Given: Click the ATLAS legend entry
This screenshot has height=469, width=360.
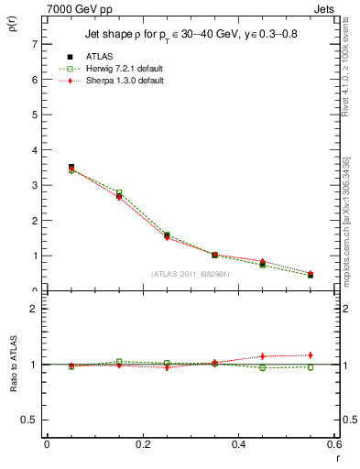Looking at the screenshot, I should coord(100,57).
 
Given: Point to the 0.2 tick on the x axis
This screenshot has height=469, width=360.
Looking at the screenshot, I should coord(142,444).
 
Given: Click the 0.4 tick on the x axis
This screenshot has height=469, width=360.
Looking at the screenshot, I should coord(238,444).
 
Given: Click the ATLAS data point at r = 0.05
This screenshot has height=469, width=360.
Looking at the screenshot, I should coord(71,168).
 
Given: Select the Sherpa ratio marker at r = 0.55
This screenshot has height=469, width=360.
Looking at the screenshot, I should coord(311,355).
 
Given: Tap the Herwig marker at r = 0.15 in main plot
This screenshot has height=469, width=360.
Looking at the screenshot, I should coord(119,193).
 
